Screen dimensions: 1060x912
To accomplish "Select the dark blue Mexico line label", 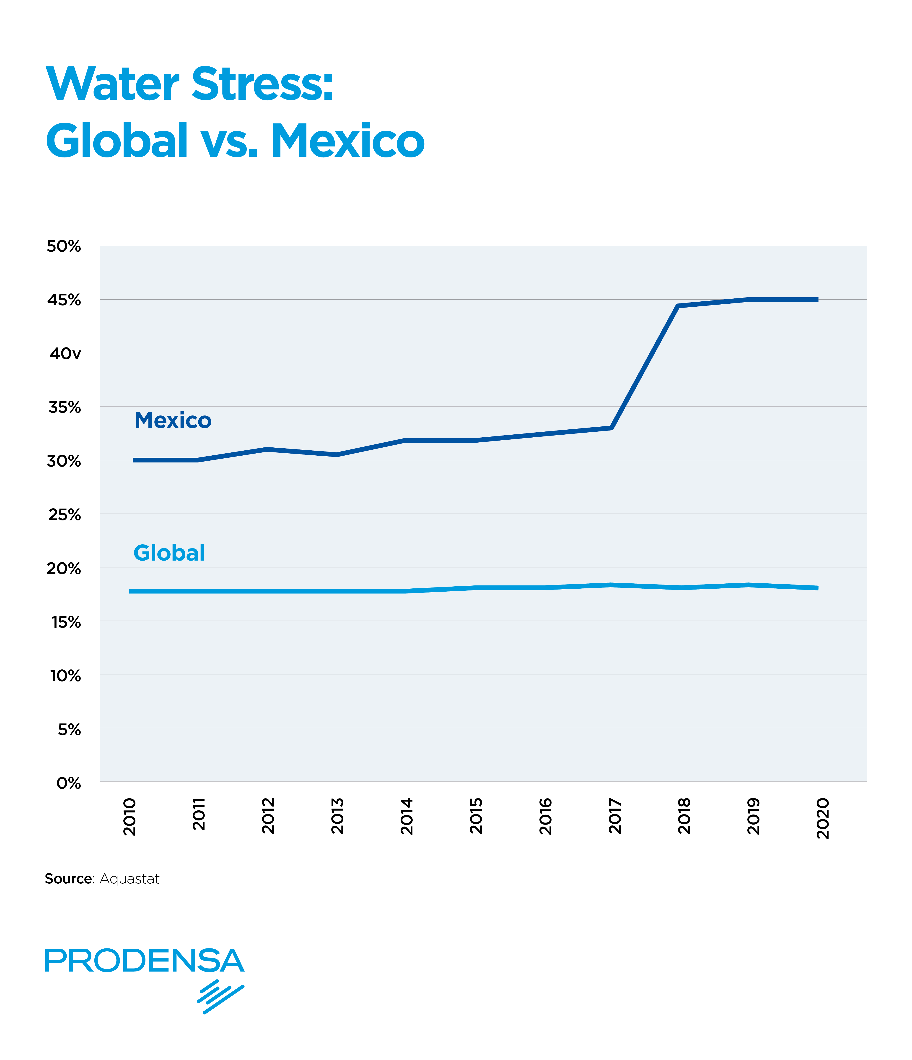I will (x=173, y=420).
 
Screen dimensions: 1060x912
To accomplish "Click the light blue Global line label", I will (x=169, y=553).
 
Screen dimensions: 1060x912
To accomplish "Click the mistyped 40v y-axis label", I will (x=65, y=353).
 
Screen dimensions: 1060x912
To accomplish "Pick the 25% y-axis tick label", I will (x=65, y=515).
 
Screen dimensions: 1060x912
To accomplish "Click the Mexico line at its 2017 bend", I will (x=611, y=428).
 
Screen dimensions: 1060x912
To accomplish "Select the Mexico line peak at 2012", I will (x=267, y=449).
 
